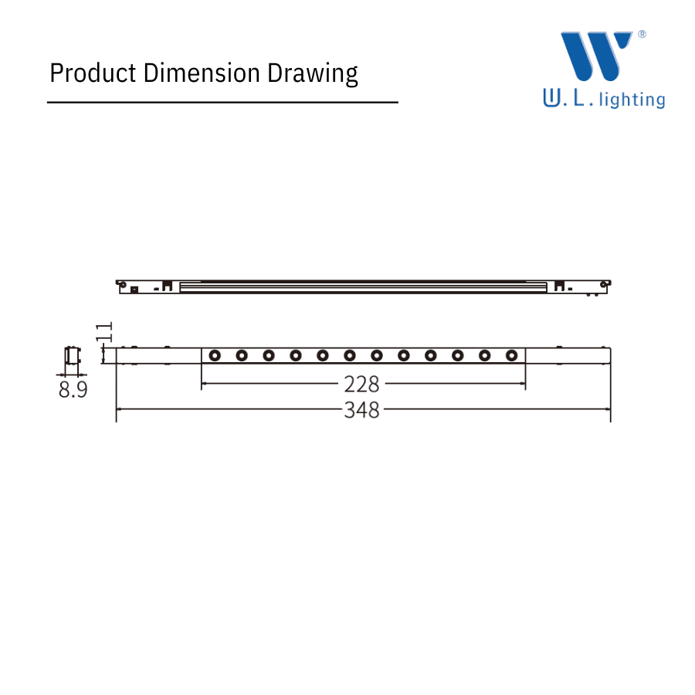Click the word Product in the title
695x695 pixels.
click(93, 73)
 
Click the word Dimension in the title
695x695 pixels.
click(202, 73)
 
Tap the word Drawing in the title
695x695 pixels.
click(313, 73)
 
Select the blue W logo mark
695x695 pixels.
click(596, 56)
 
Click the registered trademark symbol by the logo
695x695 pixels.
click(642, 34)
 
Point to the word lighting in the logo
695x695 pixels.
click(632, 100)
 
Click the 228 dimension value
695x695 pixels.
click(361, 384)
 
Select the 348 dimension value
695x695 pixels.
click(361, 409)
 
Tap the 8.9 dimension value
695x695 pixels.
click(73, 390)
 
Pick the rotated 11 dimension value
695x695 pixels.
click(104, 331)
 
